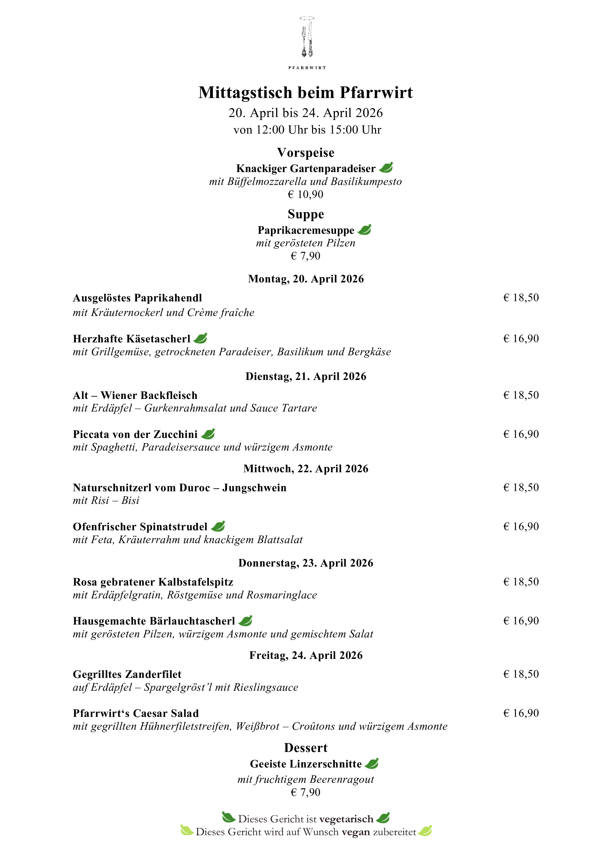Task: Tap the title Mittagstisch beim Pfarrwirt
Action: tap(306, 92)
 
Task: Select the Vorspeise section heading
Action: tap(306, 153)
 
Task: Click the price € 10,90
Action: tap(306, 195)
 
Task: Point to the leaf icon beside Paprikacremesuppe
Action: tap(364, 230)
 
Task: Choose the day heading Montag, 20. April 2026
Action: tap(306, 279)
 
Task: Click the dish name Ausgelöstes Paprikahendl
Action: tap(138, 298)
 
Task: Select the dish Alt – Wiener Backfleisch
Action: tap(135, 395)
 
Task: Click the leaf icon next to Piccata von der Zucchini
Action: tap(208, 434)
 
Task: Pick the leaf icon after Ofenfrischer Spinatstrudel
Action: tap(218, 526)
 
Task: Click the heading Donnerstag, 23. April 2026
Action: tap(306, 563)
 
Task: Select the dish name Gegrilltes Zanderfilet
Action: tap(127, 674)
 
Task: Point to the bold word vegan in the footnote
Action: tap(355, 832)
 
